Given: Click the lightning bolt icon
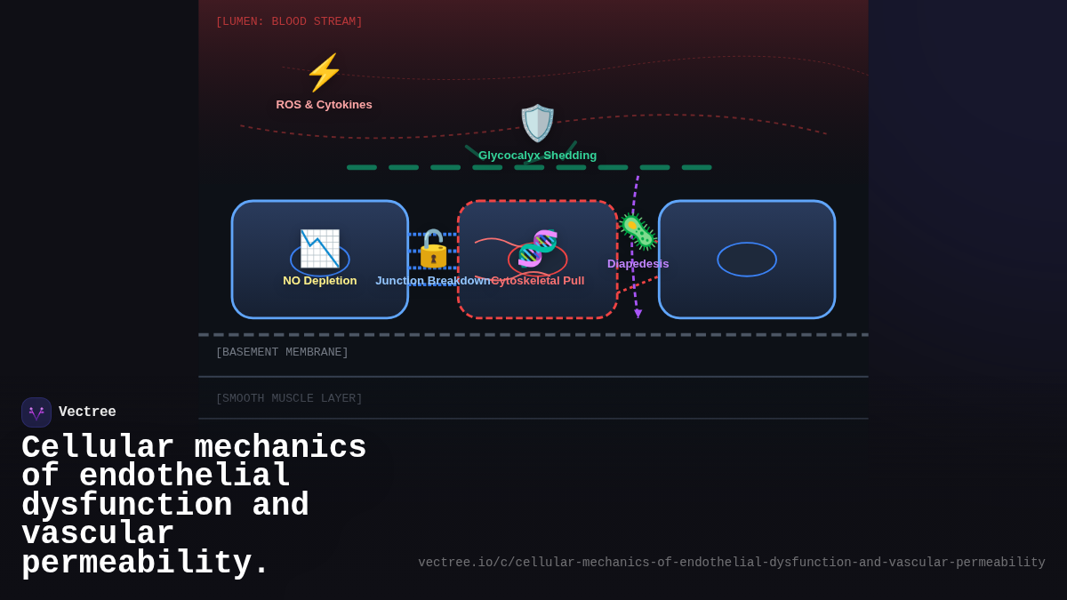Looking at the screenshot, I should pos(324,73).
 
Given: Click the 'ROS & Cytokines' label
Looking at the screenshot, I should pos(324,105).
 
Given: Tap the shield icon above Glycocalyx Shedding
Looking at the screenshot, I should pos(537,123).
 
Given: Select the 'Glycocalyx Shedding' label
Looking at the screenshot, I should pos(537,156).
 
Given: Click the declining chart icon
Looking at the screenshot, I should pos(319,249).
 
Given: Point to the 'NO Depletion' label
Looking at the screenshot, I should pos(319,281).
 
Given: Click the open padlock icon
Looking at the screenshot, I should pos(433,249).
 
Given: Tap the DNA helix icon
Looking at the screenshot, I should pos(537,249).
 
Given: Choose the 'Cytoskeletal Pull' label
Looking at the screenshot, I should pos(538,281).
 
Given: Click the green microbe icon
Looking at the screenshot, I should pos(638,232).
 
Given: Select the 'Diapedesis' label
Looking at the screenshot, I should pos(638,264).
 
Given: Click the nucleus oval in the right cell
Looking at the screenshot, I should pos(747,260).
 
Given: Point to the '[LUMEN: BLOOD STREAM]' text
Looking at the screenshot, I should pos(289,22).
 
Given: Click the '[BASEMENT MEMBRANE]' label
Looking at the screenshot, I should pos(282,353).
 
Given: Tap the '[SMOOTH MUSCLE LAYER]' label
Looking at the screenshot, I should pos(289,399).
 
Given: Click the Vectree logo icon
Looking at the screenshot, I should pos(36,412).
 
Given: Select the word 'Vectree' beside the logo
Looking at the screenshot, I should pos(87,412).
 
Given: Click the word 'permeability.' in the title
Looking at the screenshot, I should pos(145,564).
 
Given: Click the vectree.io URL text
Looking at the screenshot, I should pos(731,563).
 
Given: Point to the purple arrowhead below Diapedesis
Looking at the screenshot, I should pos(638,314).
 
